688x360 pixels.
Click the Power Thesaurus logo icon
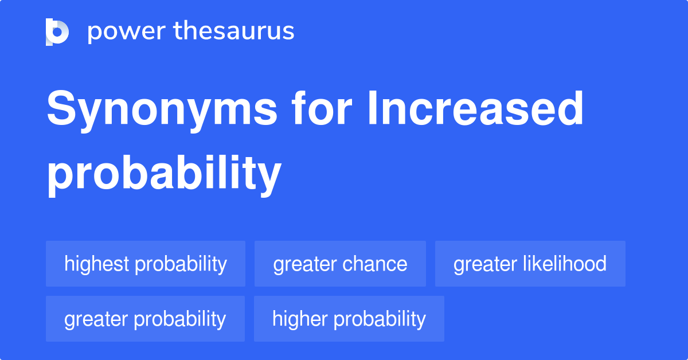point(57,32)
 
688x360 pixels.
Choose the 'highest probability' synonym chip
point(146,264)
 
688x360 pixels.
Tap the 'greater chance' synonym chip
point(340,264)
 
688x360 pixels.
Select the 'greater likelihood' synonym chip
point(530,264)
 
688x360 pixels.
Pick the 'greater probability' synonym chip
point(145,319)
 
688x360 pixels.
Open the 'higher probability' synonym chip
point(349,319)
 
